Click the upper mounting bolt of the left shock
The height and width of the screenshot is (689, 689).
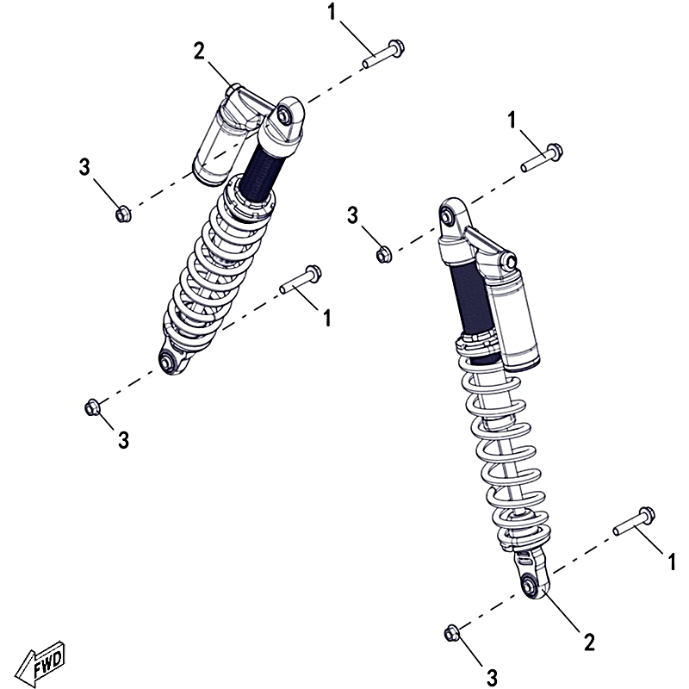point(383,54)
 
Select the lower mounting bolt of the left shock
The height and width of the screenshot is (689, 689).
point(301,280)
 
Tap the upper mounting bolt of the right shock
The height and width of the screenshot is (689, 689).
point(542,158)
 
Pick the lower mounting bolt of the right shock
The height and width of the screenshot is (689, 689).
point(634,521)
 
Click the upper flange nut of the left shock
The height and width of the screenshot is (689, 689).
point(122,214)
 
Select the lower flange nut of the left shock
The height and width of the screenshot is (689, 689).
point(92,407)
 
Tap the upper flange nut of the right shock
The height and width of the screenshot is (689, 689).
point(384,254)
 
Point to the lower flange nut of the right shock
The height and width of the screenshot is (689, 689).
point(451,634)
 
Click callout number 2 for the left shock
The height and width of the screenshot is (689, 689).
point(199,52)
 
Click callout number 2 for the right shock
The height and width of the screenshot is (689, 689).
point(589,642)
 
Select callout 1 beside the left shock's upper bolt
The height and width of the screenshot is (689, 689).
point(332,12)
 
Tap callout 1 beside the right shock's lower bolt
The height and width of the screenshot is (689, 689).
point(672,562)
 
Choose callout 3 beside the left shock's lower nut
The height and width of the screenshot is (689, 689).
point(123,440)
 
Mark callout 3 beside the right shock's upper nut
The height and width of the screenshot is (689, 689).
point(352,216)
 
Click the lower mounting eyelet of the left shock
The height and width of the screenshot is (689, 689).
point(169,361)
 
